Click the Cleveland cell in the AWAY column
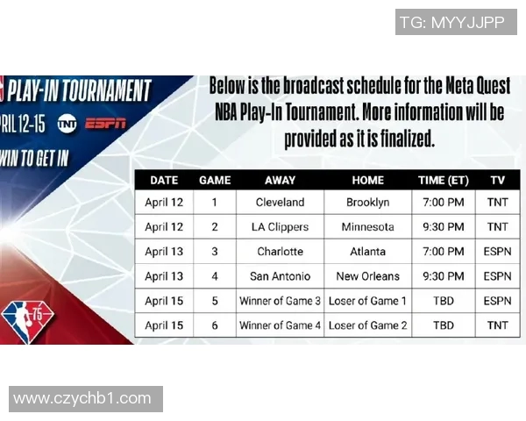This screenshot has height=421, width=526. click(x=280, y=203)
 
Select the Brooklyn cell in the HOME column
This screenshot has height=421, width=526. click(x=367, y=203)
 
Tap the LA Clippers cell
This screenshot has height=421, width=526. click(x=280, y=227)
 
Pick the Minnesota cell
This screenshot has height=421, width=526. click(x=367, y=227)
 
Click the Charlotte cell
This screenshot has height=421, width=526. click(x=280, y=252)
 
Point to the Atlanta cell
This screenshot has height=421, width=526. click(x=367, y=252)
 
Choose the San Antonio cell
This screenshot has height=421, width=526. click(x=280, y=276)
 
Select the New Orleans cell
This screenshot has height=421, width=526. click(x=367, y=276)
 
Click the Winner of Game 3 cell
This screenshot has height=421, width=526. click(x=280, y=301)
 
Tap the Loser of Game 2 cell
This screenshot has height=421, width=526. click(x=367, y=325)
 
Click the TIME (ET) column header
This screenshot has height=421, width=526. click(x=444, y=181)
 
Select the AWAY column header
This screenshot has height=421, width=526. click(x=280, y=181)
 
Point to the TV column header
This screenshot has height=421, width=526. click(x=497, y=181)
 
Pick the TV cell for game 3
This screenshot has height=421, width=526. click(x=497, y=252)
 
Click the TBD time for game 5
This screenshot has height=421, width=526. click(x=444, y=301)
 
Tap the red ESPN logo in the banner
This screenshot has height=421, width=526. click(x=106, y=124)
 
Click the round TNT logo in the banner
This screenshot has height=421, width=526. click(x=67, y=124)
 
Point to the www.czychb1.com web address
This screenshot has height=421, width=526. click(x=82, y=399)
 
